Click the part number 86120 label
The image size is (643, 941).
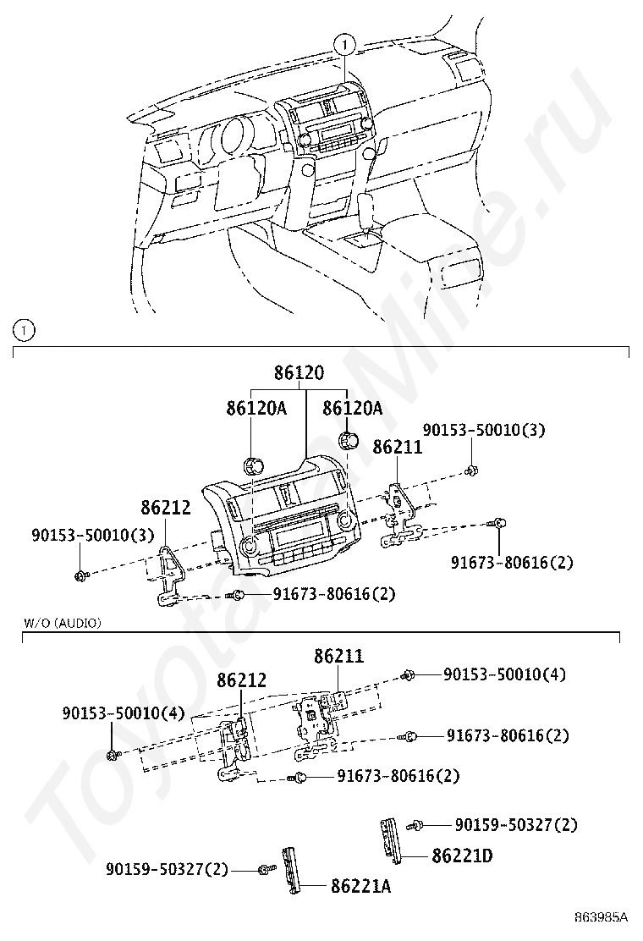coord(299,373)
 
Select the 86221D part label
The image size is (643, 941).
coord(462,856)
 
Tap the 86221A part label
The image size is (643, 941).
coord(360,886)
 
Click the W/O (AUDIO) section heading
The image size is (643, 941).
coord(63,623)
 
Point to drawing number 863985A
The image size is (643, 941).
coord(601,917)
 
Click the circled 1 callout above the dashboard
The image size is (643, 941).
coord(346,44)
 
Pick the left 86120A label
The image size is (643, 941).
coord(256,409)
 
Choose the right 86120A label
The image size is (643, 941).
coord(352,409)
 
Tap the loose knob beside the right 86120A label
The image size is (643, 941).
coord(348,440)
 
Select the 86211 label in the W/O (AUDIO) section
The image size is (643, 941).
coord(339,656)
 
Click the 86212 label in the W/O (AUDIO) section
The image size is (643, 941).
coord(242,680)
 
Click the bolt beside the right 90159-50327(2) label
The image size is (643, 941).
coord(415,826)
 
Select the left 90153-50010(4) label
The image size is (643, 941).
coord(123,713)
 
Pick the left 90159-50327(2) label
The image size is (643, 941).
coord(168,869)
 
